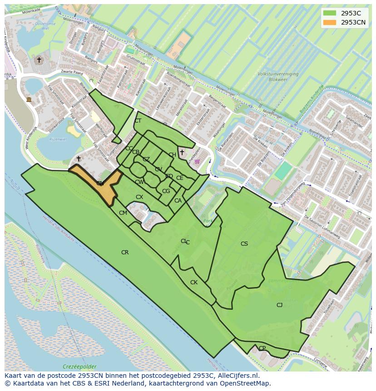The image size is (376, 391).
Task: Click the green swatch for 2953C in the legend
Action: pyautogui.click(x=330, y=13)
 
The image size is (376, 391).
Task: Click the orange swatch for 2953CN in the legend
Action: pyautogui.click(x=330, y=22)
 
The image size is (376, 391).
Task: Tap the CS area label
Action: pyautogui.click(x=244, y=244)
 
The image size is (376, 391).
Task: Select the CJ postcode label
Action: pyautogui.click(x=279, y=305)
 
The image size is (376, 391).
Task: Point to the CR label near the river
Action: pyautogui.click(x=125, y=252)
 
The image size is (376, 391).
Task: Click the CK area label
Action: pyautogui.click(x=194, y=282)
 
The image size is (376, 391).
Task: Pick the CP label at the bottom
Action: pyautogui.click(x=262, y=348)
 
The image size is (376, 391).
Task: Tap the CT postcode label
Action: pyautogui.click(x=138, y=121)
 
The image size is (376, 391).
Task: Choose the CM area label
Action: pyautogui.click(x=123, y=213)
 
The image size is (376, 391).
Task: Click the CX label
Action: pyautogui.click(x=139, y=197)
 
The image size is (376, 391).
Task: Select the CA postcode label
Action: pyautogui.click(x=178, y=201)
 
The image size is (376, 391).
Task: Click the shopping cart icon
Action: pyautogui.click(x=197, y=161)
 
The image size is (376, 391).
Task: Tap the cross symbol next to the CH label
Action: pyautogui.click(x=182, y=152)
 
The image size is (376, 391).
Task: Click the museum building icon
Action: pyautogui.click(x=29, y=99)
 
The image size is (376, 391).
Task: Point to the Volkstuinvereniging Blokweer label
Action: pyautogui.click(x=278, y=76)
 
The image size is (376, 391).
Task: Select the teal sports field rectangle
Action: pyautogui.click(x=283, y=171)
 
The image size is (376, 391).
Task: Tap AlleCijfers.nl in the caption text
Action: pyautogui.click(x=237, y=376)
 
